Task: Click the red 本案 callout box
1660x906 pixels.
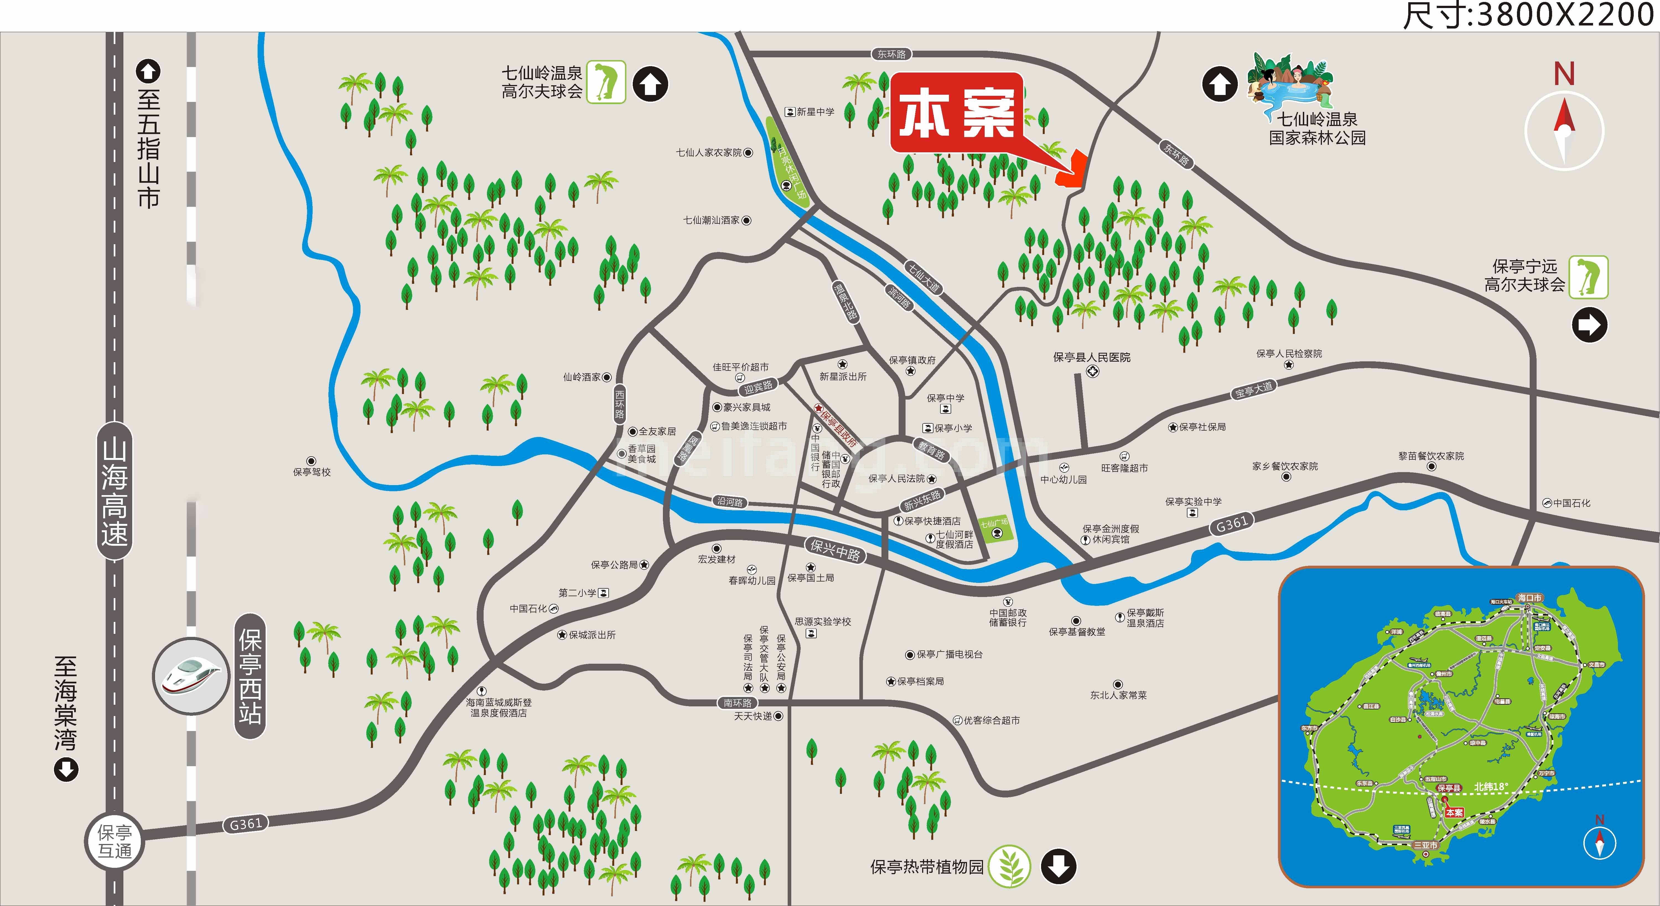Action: pos(956,114)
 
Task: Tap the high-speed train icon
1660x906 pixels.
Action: pos(191,676)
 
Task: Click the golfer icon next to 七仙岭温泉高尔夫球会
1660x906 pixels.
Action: pos(606,82)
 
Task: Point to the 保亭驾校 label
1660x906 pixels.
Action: pos(312,472)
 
